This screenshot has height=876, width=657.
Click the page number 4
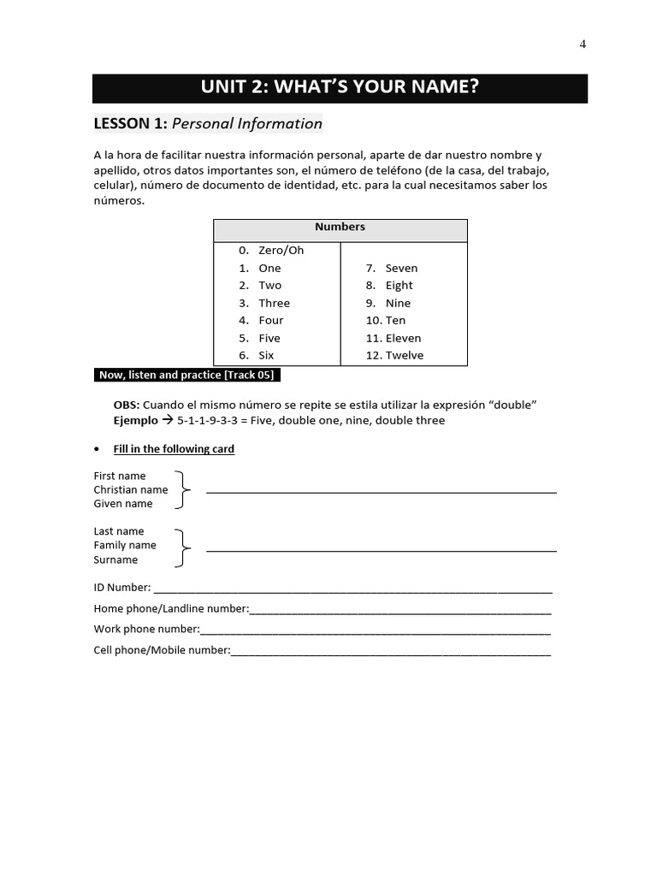(583, 45)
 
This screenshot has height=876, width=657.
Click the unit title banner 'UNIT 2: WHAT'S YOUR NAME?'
(340, 87)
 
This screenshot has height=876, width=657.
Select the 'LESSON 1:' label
(130, 124)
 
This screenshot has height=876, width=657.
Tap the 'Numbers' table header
(340, 228)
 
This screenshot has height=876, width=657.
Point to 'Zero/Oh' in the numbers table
(281, 251)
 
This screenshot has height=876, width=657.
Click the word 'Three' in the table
(274, 304)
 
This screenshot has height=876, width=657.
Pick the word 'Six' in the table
(266, 356)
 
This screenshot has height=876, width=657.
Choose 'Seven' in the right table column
(401, 269)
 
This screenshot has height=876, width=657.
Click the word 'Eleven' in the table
(403, 339)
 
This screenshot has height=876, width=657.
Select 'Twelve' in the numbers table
(404, 356)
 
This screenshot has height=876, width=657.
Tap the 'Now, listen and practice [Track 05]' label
(187, 375)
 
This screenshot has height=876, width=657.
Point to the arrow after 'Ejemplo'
(168, 421)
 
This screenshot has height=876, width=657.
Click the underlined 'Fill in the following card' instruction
(174, 449)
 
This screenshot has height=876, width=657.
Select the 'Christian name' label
(130, 489)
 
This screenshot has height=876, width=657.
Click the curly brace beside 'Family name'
(182, 547)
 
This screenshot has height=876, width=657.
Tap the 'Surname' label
(115, 560)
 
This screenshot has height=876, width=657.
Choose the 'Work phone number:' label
(146, 630)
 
